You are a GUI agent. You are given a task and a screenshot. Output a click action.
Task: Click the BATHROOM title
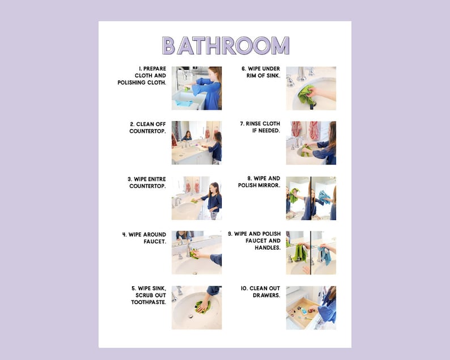225,45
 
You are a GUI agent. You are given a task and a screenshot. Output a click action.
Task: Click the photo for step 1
197,88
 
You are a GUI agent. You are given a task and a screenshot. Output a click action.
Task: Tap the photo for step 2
197,142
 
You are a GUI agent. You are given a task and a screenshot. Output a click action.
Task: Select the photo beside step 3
197,197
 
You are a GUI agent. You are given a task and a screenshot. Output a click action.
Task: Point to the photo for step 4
197,252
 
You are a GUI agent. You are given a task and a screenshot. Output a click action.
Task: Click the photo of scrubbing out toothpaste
197,307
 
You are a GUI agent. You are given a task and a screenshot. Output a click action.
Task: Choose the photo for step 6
311,88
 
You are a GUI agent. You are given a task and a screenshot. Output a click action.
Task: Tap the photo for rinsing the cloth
311,142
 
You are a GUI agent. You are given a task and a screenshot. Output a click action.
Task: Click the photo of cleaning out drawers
311,307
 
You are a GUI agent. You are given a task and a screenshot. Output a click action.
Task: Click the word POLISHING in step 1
137,83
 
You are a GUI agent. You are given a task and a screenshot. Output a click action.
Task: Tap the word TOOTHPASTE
148,303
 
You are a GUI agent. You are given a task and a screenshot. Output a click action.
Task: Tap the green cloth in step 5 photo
203,307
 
